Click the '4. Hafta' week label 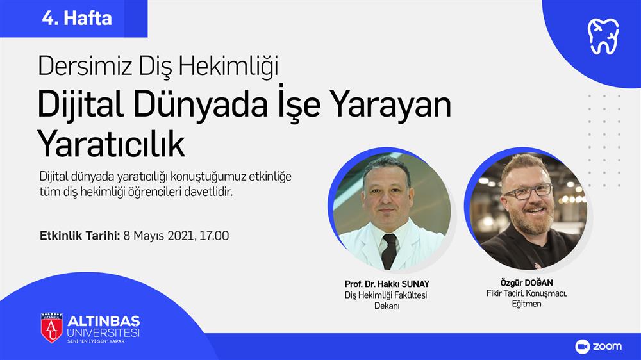point(77,19)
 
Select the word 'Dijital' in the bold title point(81,105)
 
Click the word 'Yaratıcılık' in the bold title point(111,143)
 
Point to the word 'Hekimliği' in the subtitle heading point(228,66)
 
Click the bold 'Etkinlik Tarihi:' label point(79,236)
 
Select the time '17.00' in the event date point(214,236)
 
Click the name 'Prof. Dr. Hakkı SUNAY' point(387,284)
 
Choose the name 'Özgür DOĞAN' point(526,282)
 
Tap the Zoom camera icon point(582,347)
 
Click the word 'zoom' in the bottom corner point(607,347)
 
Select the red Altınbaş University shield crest point(51,327)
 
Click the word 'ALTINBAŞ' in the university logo point(103,321)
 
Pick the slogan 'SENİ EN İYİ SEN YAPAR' point(96,341)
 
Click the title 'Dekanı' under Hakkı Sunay point(387,306)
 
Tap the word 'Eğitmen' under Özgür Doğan point(526,304)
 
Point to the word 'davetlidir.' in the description point(208,192)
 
